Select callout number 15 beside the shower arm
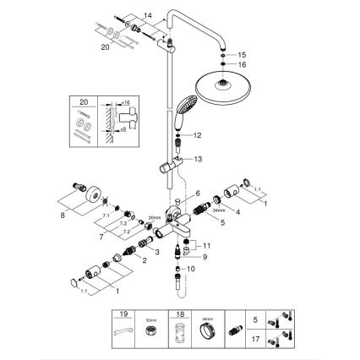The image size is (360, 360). tap(243, 52)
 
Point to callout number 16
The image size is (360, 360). tap(243, 64)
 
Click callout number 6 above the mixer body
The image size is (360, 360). tap(197, 194)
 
